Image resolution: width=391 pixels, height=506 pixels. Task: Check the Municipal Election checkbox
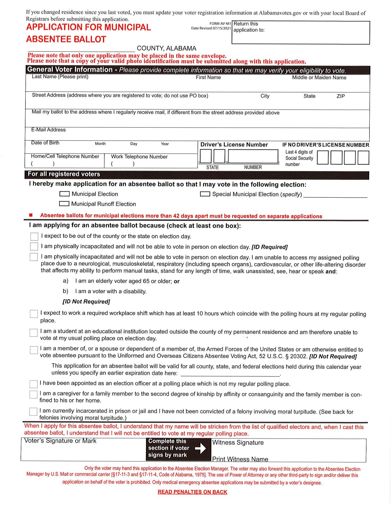[x=64, y=194]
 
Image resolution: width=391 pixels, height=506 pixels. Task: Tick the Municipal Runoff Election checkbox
[x=64, y=204]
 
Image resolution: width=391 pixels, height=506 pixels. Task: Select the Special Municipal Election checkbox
[x=205, y=194]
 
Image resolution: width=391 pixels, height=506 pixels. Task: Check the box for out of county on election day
[x=34, y=237]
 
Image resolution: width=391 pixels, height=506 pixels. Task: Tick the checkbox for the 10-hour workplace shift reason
[x=34, y=314]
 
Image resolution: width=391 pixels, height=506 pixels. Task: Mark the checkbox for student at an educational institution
[x=34, y=332]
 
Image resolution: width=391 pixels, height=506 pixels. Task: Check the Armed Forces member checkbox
[x=34, y=350]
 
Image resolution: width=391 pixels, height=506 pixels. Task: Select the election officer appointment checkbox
[x=33, y=384]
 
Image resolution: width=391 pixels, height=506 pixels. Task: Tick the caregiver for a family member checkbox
[x=33, y=394]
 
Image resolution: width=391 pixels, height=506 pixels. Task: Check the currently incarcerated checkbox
[x=33, y=412]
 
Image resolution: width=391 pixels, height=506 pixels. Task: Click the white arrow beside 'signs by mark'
[x=200, y=448]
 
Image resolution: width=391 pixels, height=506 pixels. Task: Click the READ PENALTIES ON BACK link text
[x=192, y=492]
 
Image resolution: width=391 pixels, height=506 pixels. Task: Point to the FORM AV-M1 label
[x=220, y=24]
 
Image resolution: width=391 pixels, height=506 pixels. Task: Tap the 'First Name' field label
[x=208, y=77]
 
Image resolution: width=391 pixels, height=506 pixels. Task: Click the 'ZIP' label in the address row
[x=341, y=96]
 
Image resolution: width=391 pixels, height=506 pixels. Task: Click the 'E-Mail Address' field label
[x=48, y=130]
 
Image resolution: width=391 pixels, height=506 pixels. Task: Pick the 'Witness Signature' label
[x=238, y=442]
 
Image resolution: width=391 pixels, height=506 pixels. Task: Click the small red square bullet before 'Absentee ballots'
[x=31, y=215]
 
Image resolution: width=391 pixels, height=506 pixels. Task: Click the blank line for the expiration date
[x=230, y=374]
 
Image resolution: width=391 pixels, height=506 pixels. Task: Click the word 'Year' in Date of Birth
[x=165, y=144]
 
